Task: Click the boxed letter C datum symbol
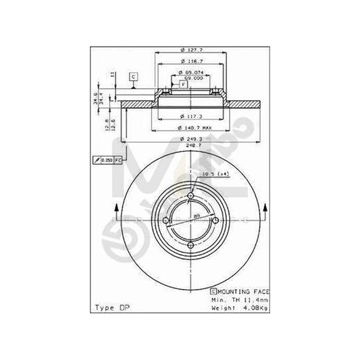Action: point(134,77)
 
